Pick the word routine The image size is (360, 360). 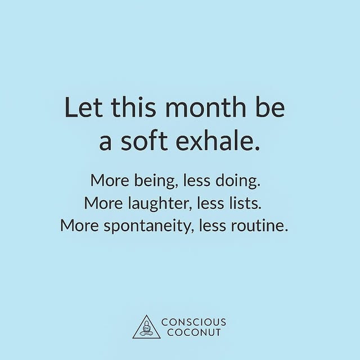point(264,225)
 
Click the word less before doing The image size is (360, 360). point(203,182)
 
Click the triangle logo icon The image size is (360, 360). point(146,327)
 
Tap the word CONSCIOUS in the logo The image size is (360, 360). point(193,322)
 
